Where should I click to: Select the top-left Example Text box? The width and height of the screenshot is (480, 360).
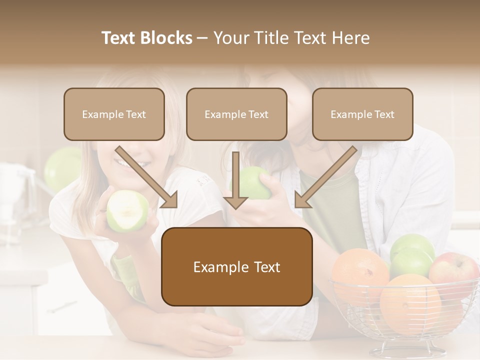[114, 114]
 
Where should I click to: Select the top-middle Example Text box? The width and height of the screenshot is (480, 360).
[236, 114]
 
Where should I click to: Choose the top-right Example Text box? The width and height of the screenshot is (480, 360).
[362, 114]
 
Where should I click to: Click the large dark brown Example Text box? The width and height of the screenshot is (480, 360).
[236, 267]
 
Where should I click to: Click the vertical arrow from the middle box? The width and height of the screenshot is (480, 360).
[236, 180]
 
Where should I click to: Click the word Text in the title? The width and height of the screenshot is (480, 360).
[120, 38]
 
